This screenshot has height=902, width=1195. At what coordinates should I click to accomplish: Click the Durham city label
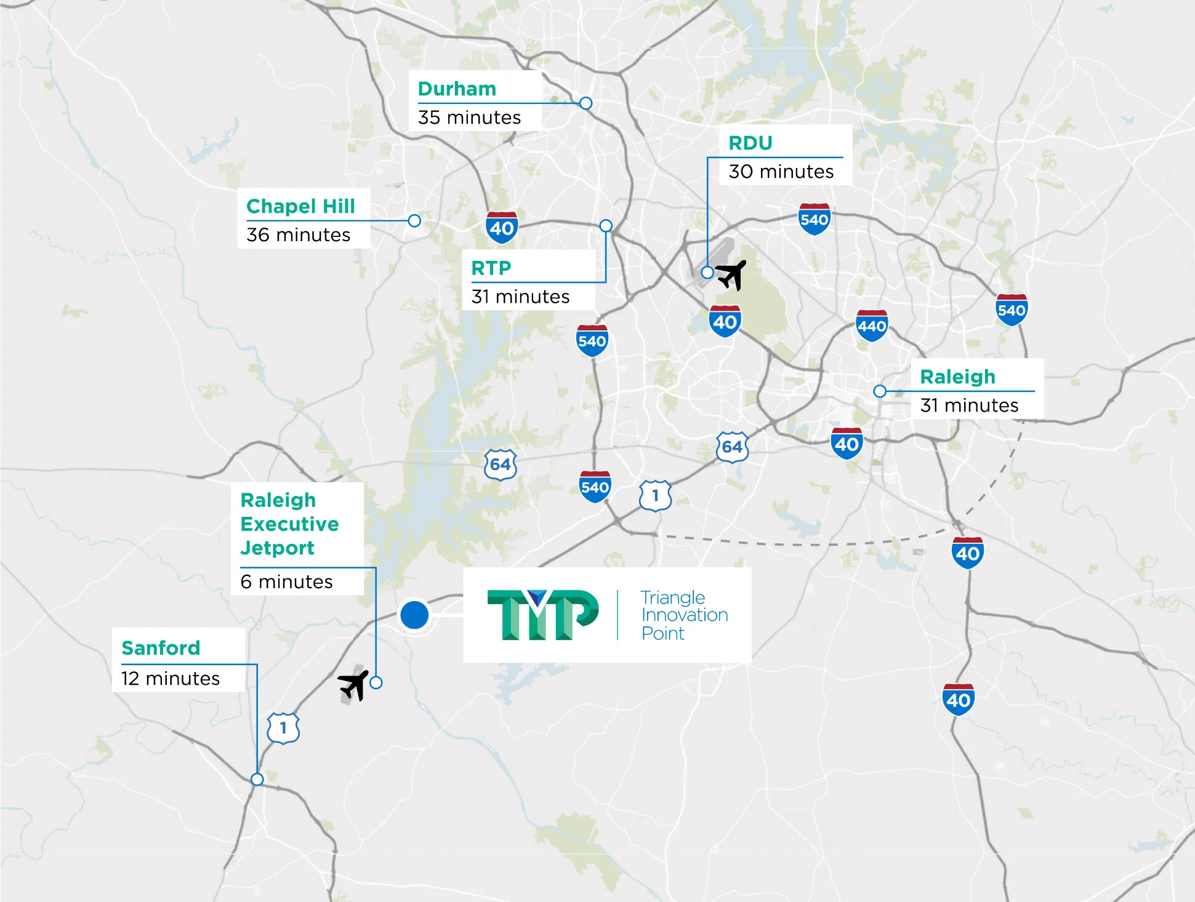coord(457,89)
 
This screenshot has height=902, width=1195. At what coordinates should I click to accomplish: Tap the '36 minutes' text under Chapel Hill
coord(298,234)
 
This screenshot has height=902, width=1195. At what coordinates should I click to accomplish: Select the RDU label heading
coord(750,143)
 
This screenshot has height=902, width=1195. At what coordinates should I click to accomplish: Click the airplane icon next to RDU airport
coord(731,274)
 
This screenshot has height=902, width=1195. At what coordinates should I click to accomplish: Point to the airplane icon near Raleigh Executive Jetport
coord(353,685)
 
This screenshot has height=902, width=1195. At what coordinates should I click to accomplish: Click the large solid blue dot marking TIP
coord(414,614)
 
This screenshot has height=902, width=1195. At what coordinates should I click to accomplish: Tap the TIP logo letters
coord(542,615)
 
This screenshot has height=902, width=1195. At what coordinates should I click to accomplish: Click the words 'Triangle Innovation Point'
coord(683,615)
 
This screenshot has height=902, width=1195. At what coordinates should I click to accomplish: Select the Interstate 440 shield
coord(872,325)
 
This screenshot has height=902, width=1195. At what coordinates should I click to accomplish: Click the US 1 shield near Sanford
coord(283,728)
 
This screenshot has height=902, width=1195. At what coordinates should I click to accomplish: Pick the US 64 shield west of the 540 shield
coord(500,465)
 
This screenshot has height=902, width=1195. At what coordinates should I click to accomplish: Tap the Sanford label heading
coord(161,647)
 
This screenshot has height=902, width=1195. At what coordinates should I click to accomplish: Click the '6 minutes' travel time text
coord(286,581)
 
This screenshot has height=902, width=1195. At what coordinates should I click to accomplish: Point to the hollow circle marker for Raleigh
coord(880,391)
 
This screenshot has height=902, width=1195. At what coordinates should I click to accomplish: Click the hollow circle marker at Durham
coord(586,103)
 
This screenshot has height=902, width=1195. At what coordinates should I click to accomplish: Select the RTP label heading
coord(491,268)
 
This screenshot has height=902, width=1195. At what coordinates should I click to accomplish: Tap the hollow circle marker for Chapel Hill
coord(414,220)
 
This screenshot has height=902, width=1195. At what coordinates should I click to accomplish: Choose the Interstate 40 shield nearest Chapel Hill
coord(502,227)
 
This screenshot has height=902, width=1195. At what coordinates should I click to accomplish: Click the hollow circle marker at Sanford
coord(257,779)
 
